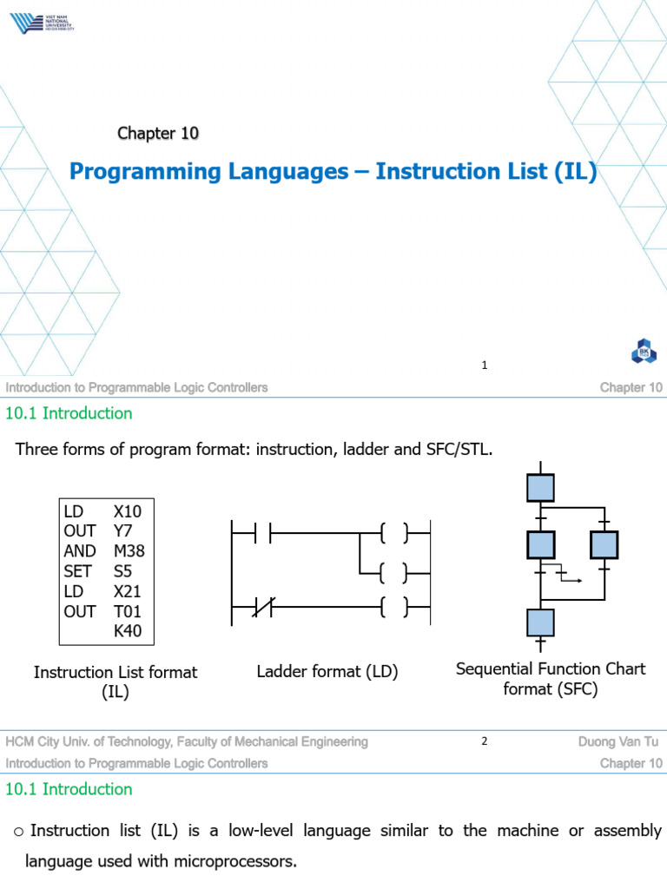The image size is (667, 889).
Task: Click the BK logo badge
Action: click(x=644, y=352)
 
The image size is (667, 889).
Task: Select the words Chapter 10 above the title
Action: click(x=158, y=133)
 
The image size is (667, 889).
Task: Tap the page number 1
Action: click(x=485, y=365)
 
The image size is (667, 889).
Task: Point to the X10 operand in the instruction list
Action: click(x=129, y=510)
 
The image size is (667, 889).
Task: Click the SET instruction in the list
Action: click(x=76, y=570)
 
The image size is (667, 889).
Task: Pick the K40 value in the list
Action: click(x=129, y=630)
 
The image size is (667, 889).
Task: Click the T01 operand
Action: click(x=129, y=610)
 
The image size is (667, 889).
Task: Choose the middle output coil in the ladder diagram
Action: click(x=394, y=572)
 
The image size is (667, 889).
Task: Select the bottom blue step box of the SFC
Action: click(x=540, y=622)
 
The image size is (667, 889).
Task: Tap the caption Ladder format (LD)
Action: click(x=327, y=672)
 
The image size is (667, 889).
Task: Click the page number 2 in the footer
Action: click(x=485, y=741)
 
